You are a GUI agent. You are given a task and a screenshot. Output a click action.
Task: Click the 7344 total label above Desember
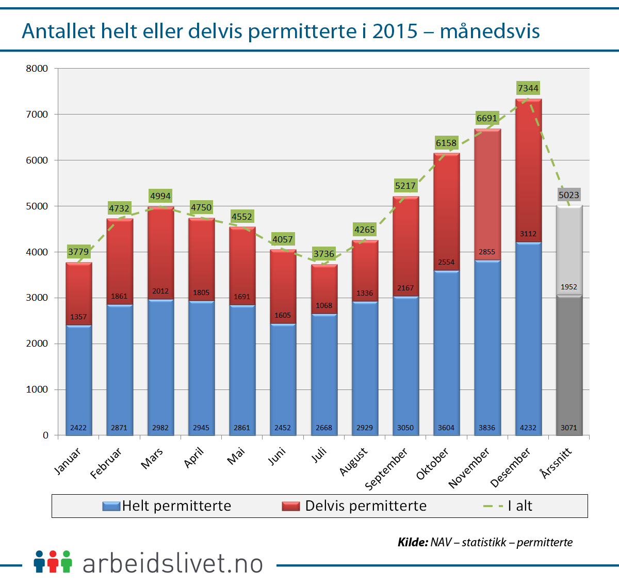tap(528, 88)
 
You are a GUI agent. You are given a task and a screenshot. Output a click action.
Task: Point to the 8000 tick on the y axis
tap(37, 69)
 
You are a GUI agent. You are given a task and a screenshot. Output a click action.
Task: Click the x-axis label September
tap(387, 468)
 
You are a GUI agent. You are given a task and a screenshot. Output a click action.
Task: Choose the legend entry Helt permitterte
tap(167, 506)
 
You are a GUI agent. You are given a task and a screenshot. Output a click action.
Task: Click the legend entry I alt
tap(508, 506)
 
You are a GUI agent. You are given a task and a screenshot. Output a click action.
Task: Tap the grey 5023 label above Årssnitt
tap(568, 195)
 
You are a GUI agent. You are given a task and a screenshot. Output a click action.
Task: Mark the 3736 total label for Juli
tap(324, 254)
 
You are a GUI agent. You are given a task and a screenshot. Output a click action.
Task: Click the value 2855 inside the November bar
tap(486, 252)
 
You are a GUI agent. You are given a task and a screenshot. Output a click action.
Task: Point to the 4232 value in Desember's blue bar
tap(528, 428)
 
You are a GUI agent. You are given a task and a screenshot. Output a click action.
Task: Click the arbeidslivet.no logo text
tap(173, 563)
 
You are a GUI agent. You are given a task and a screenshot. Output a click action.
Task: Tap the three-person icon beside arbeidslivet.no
tap(53, 562)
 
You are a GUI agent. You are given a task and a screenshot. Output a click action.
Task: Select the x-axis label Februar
tap(106, 463)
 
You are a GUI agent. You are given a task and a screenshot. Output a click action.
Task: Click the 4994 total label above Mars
tap(160, 196)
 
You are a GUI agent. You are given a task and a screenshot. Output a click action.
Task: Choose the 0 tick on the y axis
tap(45, 435)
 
